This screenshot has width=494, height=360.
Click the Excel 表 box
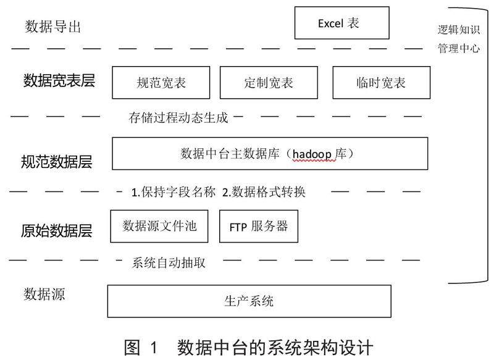point(342,24)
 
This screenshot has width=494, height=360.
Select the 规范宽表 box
point(161,82)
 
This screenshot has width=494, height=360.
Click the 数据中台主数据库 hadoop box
point(270,153)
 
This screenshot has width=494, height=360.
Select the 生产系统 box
point(249,301)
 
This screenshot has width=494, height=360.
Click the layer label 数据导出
point(53,27)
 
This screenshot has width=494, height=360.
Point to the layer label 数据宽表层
point(59,81)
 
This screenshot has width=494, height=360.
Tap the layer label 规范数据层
point(57,162)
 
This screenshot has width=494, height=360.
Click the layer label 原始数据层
point(56,231)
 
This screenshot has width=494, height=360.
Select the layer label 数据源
point(44,294)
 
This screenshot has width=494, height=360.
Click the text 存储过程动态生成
point(178,115)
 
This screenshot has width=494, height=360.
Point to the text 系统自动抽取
point(169,263)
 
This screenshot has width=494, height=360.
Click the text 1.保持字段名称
point(174,192)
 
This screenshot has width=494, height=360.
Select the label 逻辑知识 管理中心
point(457,39)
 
